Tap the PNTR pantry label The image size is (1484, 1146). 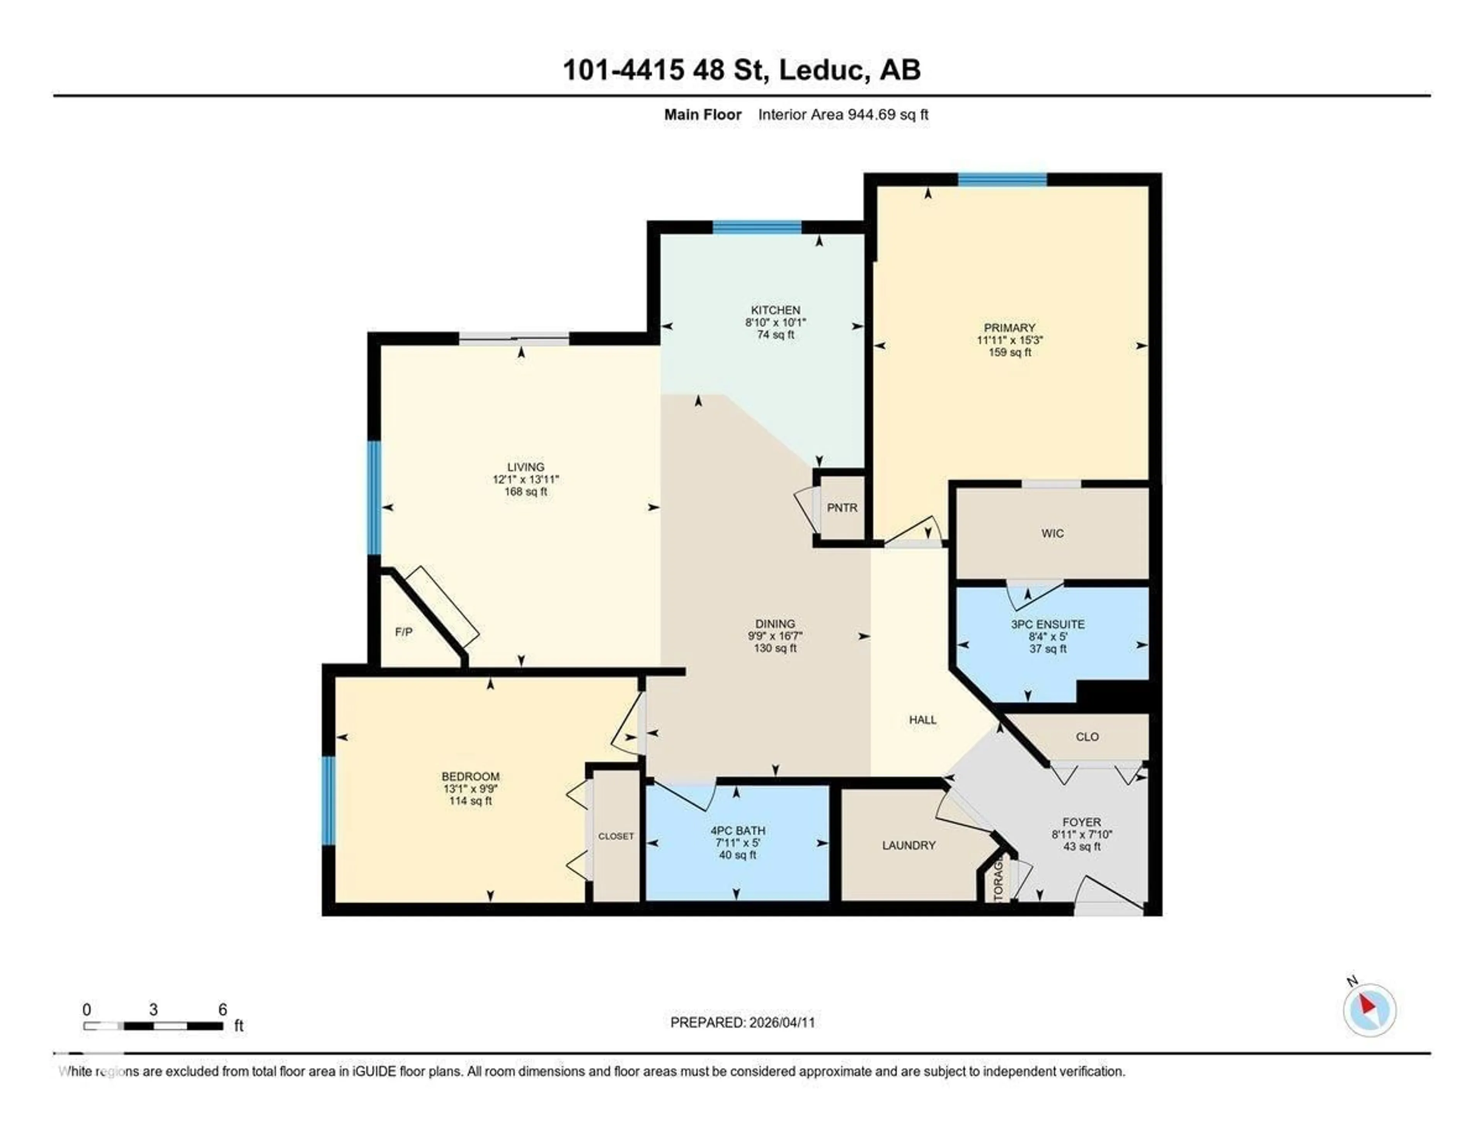pos(842,507)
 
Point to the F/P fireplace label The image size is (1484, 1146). pos(403,632)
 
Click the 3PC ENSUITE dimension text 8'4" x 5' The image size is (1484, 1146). pos(1048,636)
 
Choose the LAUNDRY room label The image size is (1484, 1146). pos(909,845)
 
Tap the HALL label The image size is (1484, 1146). pos(923,719)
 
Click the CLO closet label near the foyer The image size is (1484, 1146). pos(1087,736)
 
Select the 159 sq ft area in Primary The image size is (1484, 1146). pos(1010,352)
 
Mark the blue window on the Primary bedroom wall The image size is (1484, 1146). pos(1002,179)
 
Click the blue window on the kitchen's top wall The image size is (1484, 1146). pos(756,227)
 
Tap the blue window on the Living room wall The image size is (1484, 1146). pos(374,498)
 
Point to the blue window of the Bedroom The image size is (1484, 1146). pos(328,800)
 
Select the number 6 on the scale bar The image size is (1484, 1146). pos(222,1010)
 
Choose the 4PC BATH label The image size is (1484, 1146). pos(737,830)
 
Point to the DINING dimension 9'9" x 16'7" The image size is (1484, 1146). pos(774,636)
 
